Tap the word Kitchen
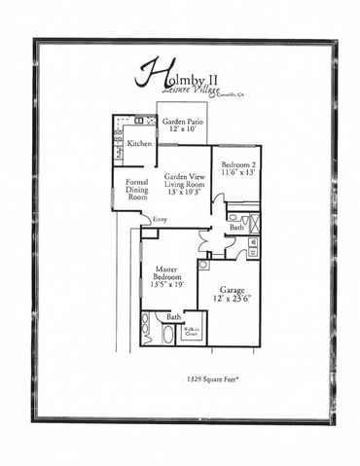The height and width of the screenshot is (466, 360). [139, 143]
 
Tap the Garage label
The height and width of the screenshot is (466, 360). [231, 290]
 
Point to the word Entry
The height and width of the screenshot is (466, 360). [160, 220]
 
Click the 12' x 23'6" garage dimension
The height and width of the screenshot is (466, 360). [232, 299]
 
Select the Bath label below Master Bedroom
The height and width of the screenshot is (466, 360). [173, 317]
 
